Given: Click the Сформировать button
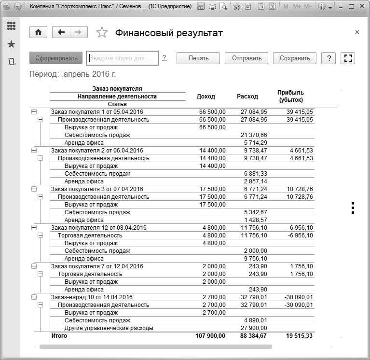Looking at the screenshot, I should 56,58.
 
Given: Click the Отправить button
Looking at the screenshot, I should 247,58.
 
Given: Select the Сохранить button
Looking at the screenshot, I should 294,58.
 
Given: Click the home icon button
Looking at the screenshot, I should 38,32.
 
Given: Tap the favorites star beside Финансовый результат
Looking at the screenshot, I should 102,33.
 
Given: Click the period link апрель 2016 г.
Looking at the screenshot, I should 90,74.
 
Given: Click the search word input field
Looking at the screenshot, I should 122,58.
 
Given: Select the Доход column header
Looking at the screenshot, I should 206,97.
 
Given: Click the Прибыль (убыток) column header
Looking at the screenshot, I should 290,96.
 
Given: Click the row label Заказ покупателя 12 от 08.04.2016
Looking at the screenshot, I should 98,228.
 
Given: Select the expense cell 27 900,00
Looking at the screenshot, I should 254,328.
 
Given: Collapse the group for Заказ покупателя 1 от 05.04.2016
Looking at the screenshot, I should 34,112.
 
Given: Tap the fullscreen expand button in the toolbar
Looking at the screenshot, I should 347,58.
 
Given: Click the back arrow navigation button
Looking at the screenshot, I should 61,32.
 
